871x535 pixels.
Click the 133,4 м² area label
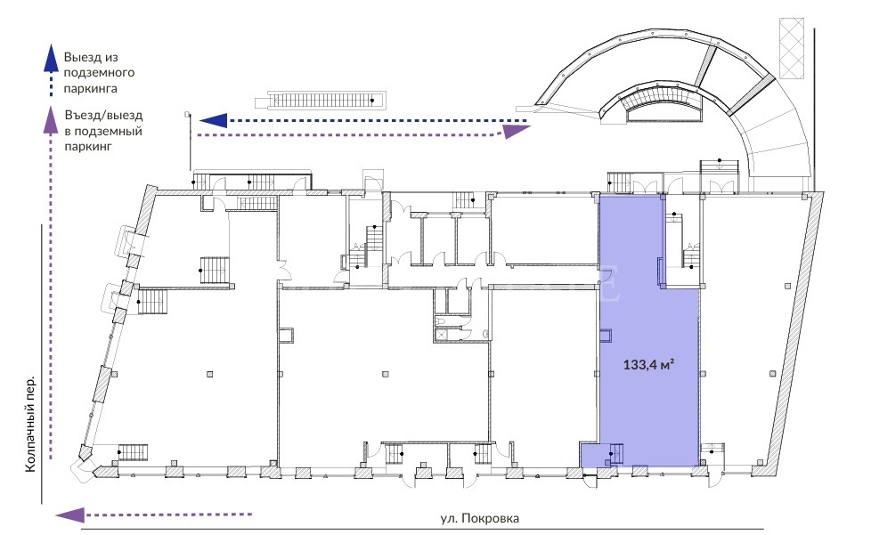click(648, 365)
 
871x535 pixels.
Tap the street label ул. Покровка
click(480, 518)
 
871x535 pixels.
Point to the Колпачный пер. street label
click(30, 425)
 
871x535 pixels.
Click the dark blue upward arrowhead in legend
click(51, 58)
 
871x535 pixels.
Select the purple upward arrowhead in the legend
click(51, 120)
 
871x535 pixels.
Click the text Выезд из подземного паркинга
click(99, 73)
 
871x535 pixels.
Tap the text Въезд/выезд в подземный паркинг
click(103, 131)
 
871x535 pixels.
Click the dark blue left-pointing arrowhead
click(214, 120)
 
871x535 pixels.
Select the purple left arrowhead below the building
click(70, 515)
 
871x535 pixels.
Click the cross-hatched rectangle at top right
click(791, 48)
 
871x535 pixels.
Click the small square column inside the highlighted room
click(605, 336)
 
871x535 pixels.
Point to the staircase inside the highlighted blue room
click(615, 453)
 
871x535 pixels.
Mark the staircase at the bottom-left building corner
click(133, 452)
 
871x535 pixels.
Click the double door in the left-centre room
click(287, 271)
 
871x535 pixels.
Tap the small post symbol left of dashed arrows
click(188, 114)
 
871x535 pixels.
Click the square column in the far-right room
click(773, 374)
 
